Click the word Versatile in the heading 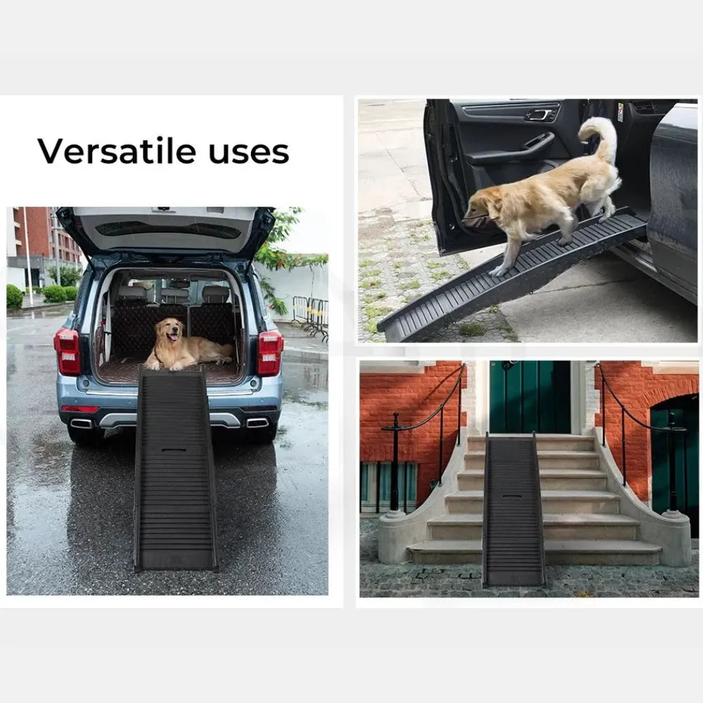tap(117, 151)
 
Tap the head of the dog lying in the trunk tap(170, 331)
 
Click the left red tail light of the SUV tap(67, 351)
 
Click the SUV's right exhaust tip tap(257, 423)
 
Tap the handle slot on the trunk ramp tap(174, 450)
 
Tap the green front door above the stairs tap(529, 396)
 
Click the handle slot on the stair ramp tap(512, 496)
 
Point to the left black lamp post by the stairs tap(395, 462)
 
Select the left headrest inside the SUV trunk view tap(132, 294)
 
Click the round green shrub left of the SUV tap(14, 297)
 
